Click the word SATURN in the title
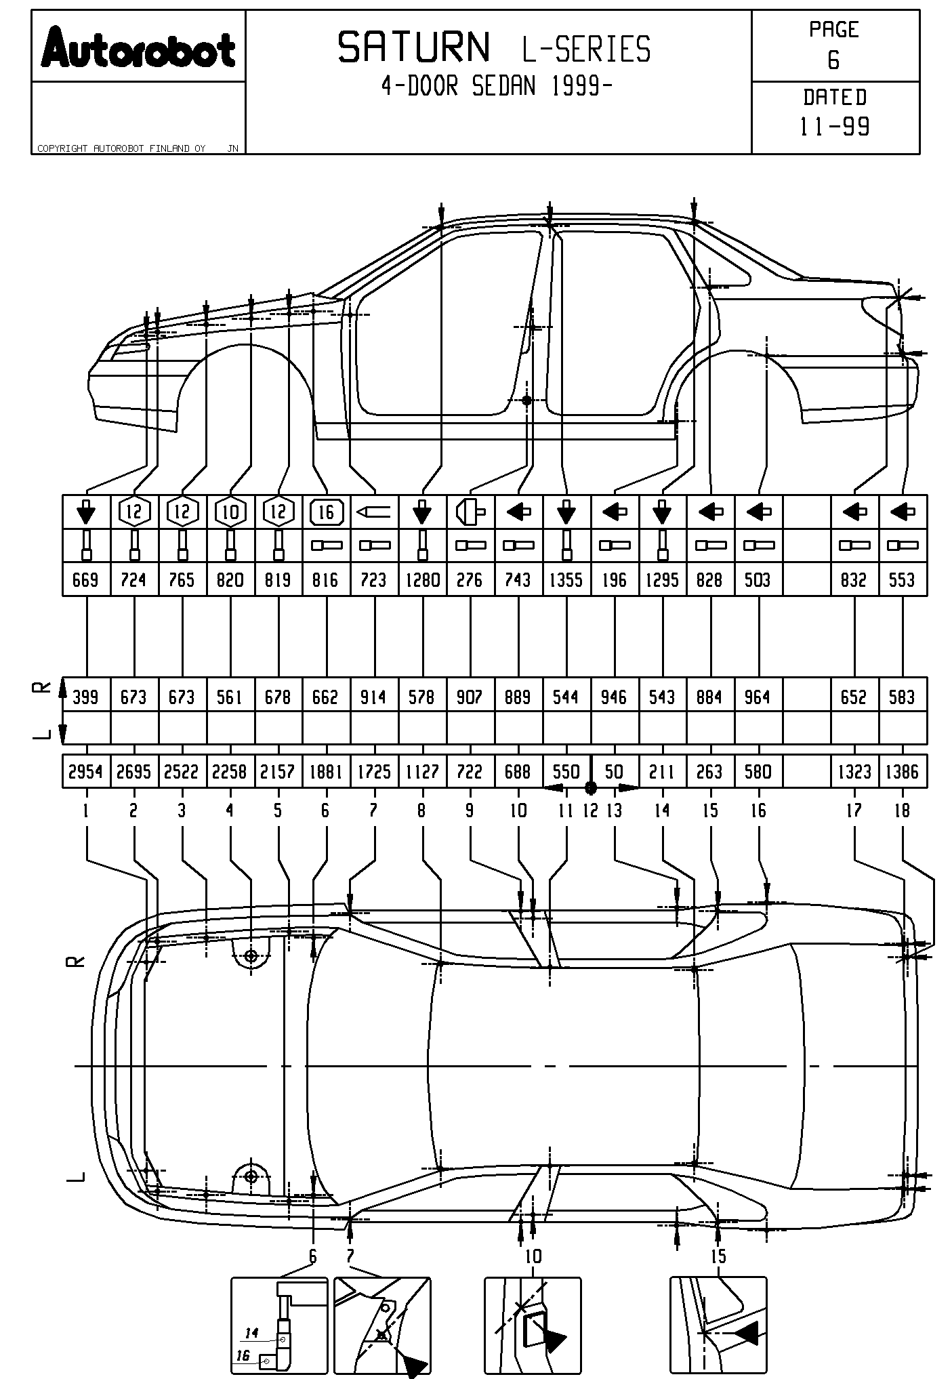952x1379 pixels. (x=413, y=48)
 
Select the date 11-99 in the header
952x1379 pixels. (x=835, y=127)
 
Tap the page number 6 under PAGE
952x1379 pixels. (x=833, y=61)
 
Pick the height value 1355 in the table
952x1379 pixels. (x=566, y=580)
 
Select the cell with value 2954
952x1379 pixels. (x=85, y=772)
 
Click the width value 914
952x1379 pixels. (x=373, y=697)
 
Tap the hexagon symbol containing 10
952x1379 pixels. (x=230, y=512)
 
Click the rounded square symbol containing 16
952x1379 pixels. (x=327, y=512)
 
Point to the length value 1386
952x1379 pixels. (x=902, y=772)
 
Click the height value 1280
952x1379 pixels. (x=422, y=580)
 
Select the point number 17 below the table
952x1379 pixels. (x=854, y=810)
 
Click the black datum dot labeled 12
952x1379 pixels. (x=591, y=787)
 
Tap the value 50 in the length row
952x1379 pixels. (x=614, y=772)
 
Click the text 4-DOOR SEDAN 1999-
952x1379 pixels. (x=497, y=86)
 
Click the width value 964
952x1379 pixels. (x=758, y=697)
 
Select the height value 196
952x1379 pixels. (x=614, y=580)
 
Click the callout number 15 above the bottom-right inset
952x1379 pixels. (x=718, y=1257)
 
